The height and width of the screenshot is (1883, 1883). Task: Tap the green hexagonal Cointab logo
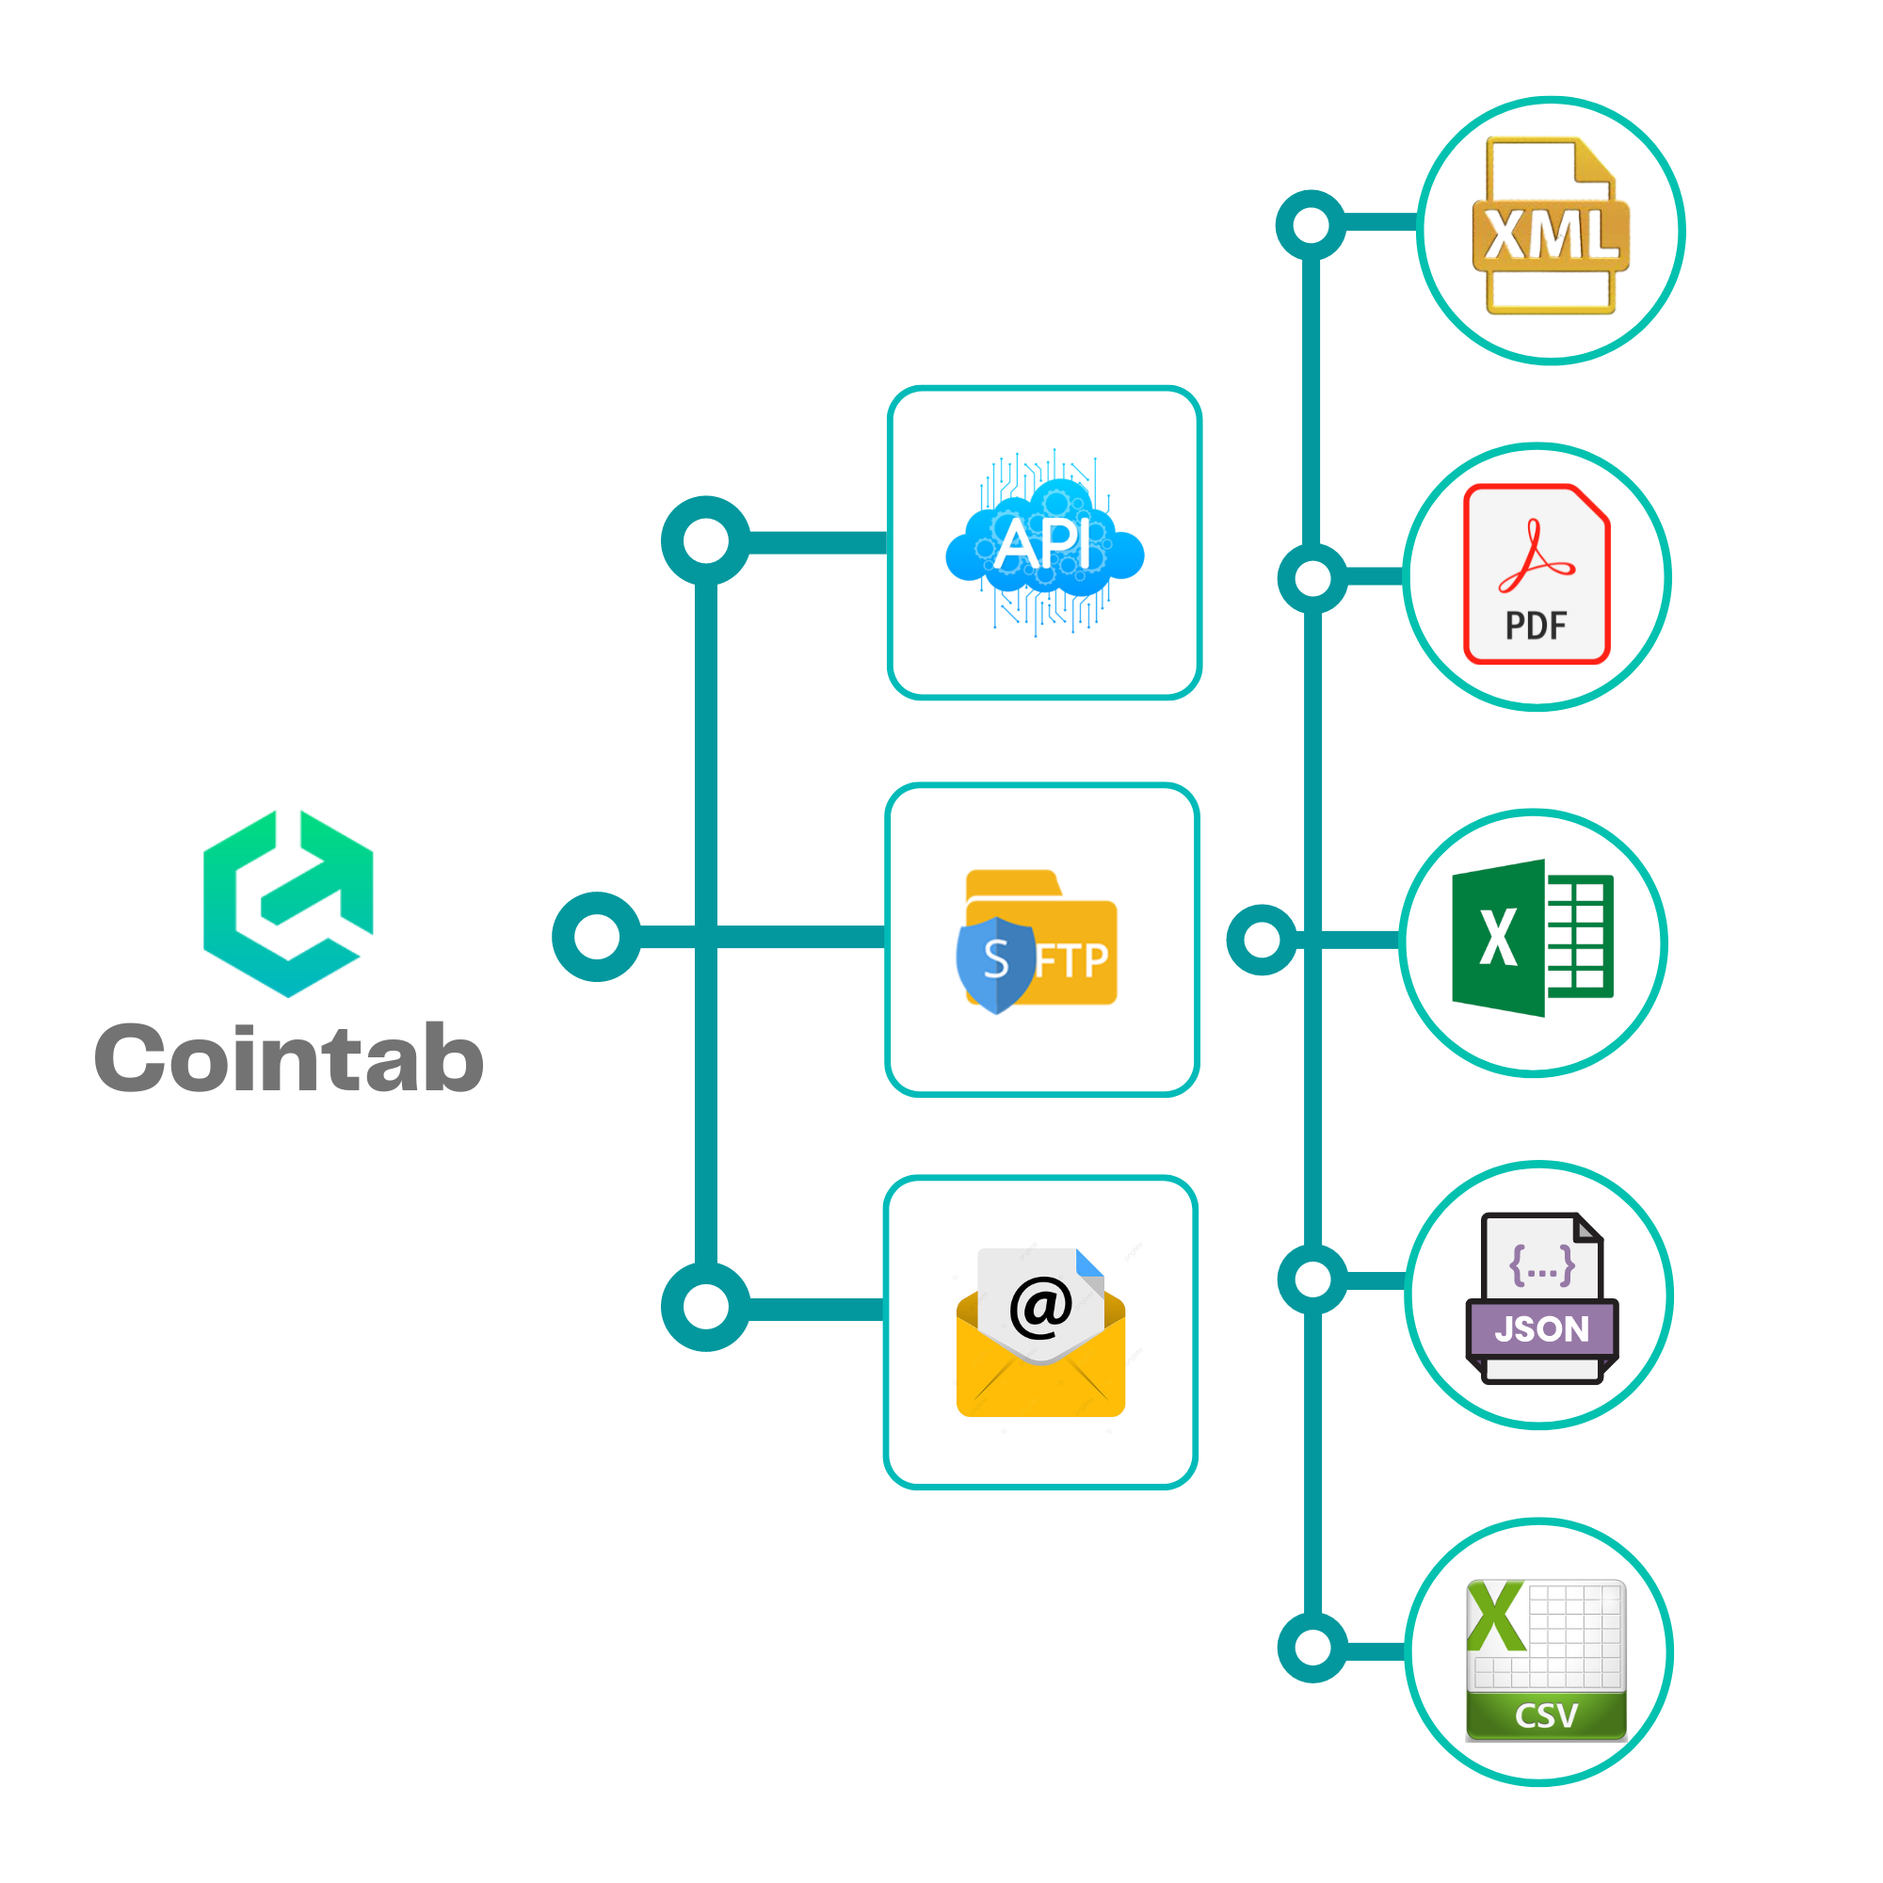(x=288, y=904)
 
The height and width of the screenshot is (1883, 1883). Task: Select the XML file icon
(x=1551, y=226)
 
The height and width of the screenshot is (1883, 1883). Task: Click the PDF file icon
(x=1537, y=574)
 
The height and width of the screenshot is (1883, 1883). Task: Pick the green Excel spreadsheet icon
(x=1533, y=938)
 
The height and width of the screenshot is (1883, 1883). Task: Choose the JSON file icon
(x=1542, y=1298)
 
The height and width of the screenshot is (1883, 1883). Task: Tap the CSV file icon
(x=1547, y=1660)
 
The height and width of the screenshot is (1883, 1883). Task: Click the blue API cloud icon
(x=1045, y=543)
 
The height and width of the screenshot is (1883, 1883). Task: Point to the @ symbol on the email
(x=1041, y=1306)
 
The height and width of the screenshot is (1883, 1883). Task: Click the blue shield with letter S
(x=995, y=965)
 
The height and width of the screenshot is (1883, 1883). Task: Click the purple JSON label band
(x=1542, y=1328)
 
